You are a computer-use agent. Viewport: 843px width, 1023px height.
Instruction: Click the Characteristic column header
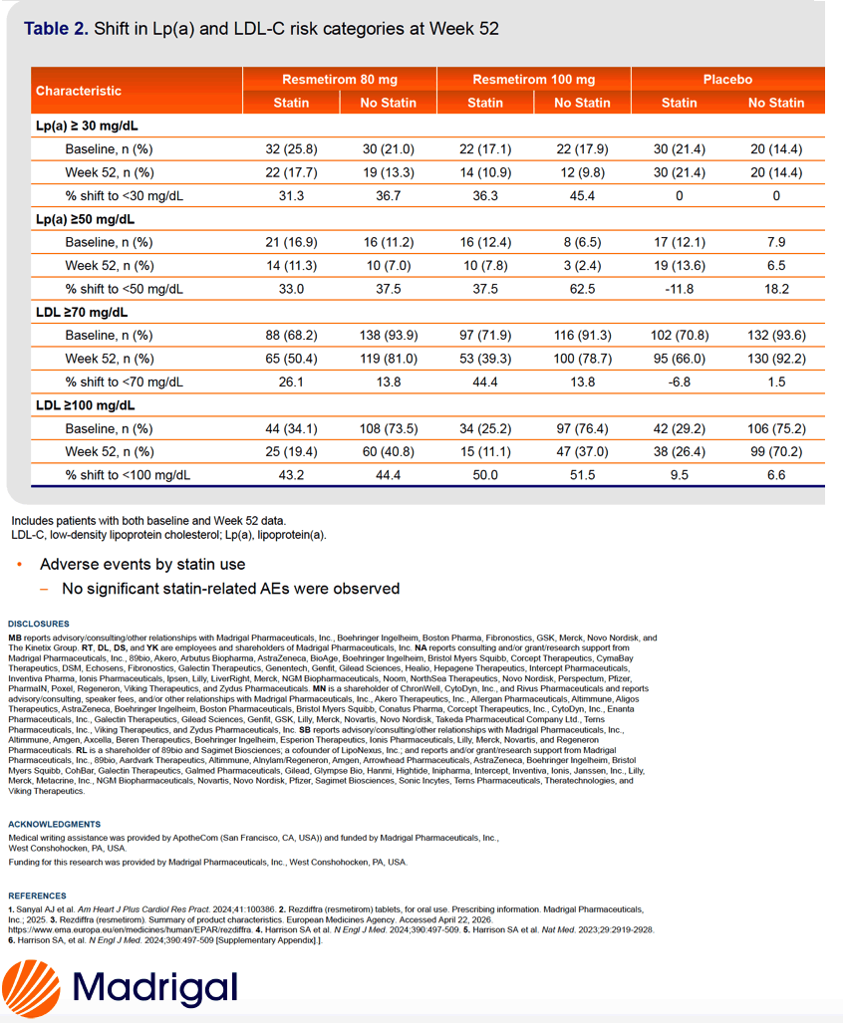tap(79, 91)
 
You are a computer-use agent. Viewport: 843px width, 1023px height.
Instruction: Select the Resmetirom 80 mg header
tap(339, 80)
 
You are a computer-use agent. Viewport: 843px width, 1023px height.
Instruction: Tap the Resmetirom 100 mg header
tap(534, 80)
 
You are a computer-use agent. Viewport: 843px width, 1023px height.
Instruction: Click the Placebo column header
tap(727, 80)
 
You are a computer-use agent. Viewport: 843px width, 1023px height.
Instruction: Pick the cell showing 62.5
tap(582, 289)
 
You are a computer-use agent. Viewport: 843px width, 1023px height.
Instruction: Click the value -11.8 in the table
tap(680, 289)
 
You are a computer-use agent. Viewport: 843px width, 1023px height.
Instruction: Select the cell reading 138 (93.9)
tap(389, 336)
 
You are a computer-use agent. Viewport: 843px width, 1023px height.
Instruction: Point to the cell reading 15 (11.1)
tap(485, 451)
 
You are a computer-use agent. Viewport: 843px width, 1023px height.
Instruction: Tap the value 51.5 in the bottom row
tap(582, 475)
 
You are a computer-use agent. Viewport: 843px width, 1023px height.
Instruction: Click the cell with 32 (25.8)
tap(291, 149)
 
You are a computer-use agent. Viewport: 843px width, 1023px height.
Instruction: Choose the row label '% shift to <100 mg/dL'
tap(128, 475)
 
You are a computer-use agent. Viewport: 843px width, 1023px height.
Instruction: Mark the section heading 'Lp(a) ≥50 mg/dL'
tap(85, 219)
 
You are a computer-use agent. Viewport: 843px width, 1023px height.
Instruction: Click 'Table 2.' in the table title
tap(56, 29)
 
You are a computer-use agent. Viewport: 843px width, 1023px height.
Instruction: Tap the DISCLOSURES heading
tap(39, 624)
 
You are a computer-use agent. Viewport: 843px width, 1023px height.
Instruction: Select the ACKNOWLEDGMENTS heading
tap(54, 824)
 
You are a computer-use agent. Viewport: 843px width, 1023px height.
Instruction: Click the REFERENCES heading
tap(37, 895)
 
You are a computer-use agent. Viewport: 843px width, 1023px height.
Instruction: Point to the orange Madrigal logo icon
tap(31, 988)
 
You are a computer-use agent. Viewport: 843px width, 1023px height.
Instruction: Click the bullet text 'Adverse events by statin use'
tap(142, 565)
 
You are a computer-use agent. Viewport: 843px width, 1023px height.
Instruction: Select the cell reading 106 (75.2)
tap(776, 428)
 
